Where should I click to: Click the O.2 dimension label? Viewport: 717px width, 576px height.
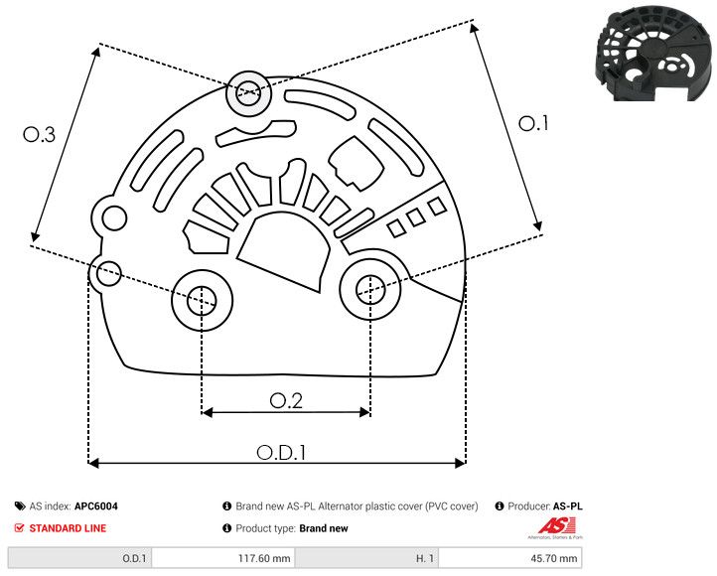point(286,399)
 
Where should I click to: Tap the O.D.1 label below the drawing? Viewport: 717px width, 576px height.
point(281,452)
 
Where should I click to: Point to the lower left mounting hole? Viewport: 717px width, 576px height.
point(202,297)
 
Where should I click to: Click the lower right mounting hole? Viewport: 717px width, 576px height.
point(369,289)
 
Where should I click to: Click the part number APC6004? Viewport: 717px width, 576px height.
point(96,506)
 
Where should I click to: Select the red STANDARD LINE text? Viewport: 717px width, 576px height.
point(67,528)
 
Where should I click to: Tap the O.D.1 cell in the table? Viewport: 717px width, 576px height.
point(134,559)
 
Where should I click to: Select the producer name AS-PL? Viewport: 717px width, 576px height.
point(567,506)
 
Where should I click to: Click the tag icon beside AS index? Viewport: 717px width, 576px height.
point(20,506)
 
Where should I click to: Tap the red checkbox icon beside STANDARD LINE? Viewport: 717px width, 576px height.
point(20,528)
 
